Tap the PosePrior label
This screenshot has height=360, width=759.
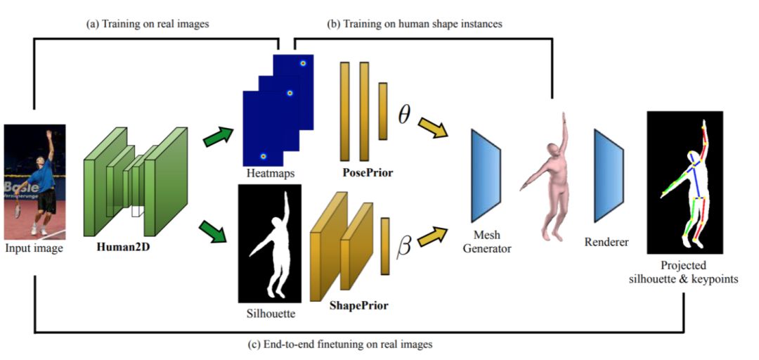pos(368,172)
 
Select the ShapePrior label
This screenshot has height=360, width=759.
pos(358,306)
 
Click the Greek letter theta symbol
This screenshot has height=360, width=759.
pos(404,115)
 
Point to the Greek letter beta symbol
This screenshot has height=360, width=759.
pos(404,247)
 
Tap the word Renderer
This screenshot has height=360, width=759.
pos(606,242)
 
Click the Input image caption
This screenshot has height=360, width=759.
pos(34,247)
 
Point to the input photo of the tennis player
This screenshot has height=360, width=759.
pos(34,181)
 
